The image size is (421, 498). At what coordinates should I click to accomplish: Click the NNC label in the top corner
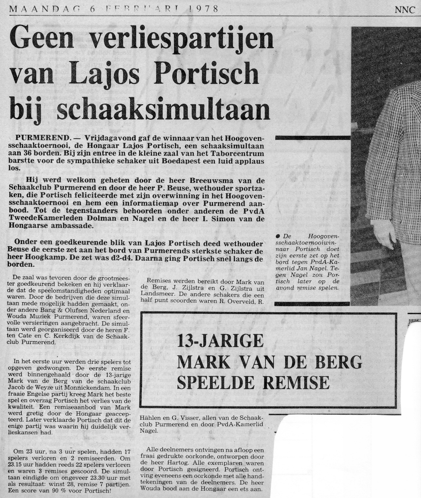tap(405, 10)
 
